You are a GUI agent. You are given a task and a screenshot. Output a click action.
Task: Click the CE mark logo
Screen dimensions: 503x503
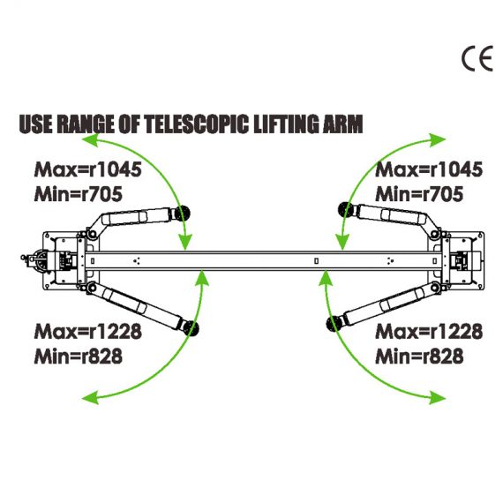477,59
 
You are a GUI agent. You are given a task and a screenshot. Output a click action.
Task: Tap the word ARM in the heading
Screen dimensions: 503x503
342,124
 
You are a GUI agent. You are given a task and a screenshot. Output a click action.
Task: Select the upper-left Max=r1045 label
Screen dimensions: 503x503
87,169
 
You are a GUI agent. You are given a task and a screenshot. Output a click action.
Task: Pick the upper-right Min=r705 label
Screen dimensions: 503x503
419,194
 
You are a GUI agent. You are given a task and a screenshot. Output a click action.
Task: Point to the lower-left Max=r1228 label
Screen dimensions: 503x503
87,332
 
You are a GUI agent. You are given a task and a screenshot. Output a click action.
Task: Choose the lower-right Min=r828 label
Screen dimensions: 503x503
419,357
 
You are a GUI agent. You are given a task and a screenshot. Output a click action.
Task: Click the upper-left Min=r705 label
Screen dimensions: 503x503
78,194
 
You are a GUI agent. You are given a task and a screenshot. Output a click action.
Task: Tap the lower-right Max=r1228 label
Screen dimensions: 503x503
429,332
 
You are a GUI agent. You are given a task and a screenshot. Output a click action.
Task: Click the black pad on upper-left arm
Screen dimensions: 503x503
182,213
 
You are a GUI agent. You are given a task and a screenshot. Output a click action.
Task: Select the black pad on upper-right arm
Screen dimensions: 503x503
346,210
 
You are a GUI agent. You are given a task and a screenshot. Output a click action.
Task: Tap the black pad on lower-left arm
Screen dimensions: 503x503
191,328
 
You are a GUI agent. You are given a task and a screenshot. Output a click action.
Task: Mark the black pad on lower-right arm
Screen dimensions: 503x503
334,324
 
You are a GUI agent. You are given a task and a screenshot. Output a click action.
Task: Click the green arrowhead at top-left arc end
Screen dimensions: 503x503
90,140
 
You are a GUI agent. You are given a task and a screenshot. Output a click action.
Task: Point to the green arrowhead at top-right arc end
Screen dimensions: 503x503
438,139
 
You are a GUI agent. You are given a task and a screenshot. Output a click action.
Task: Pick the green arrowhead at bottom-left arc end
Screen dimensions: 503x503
90,398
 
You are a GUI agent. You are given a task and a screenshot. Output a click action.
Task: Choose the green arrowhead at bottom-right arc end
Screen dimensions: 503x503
438,398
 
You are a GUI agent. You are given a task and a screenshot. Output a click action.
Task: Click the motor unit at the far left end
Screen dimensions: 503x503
34,260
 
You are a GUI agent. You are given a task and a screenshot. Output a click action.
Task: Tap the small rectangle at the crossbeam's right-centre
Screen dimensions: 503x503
316,261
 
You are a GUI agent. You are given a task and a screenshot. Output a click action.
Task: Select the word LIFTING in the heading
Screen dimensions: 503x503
286,124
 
